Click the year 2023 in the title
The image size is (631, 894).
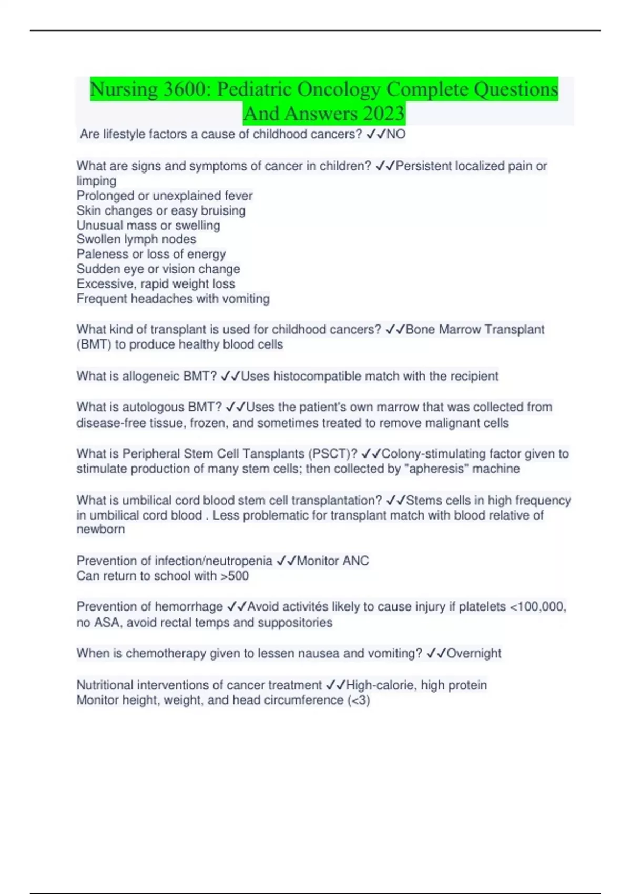point(383,114)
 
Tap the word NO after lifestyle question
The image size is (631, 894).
point(396,134)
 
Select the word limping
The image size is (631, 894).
point(96,181)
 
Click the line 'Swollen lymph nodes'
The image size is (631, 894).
point(136,239)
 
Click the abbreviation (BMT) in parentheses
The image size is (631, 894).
point(94,344)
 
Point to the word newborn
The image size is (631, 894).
point(100,529)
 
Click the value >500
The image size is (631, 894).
point(235,576)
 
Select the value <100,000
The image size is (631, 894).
point(537,607)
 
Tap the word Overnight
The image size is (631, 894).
point(474,653)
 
